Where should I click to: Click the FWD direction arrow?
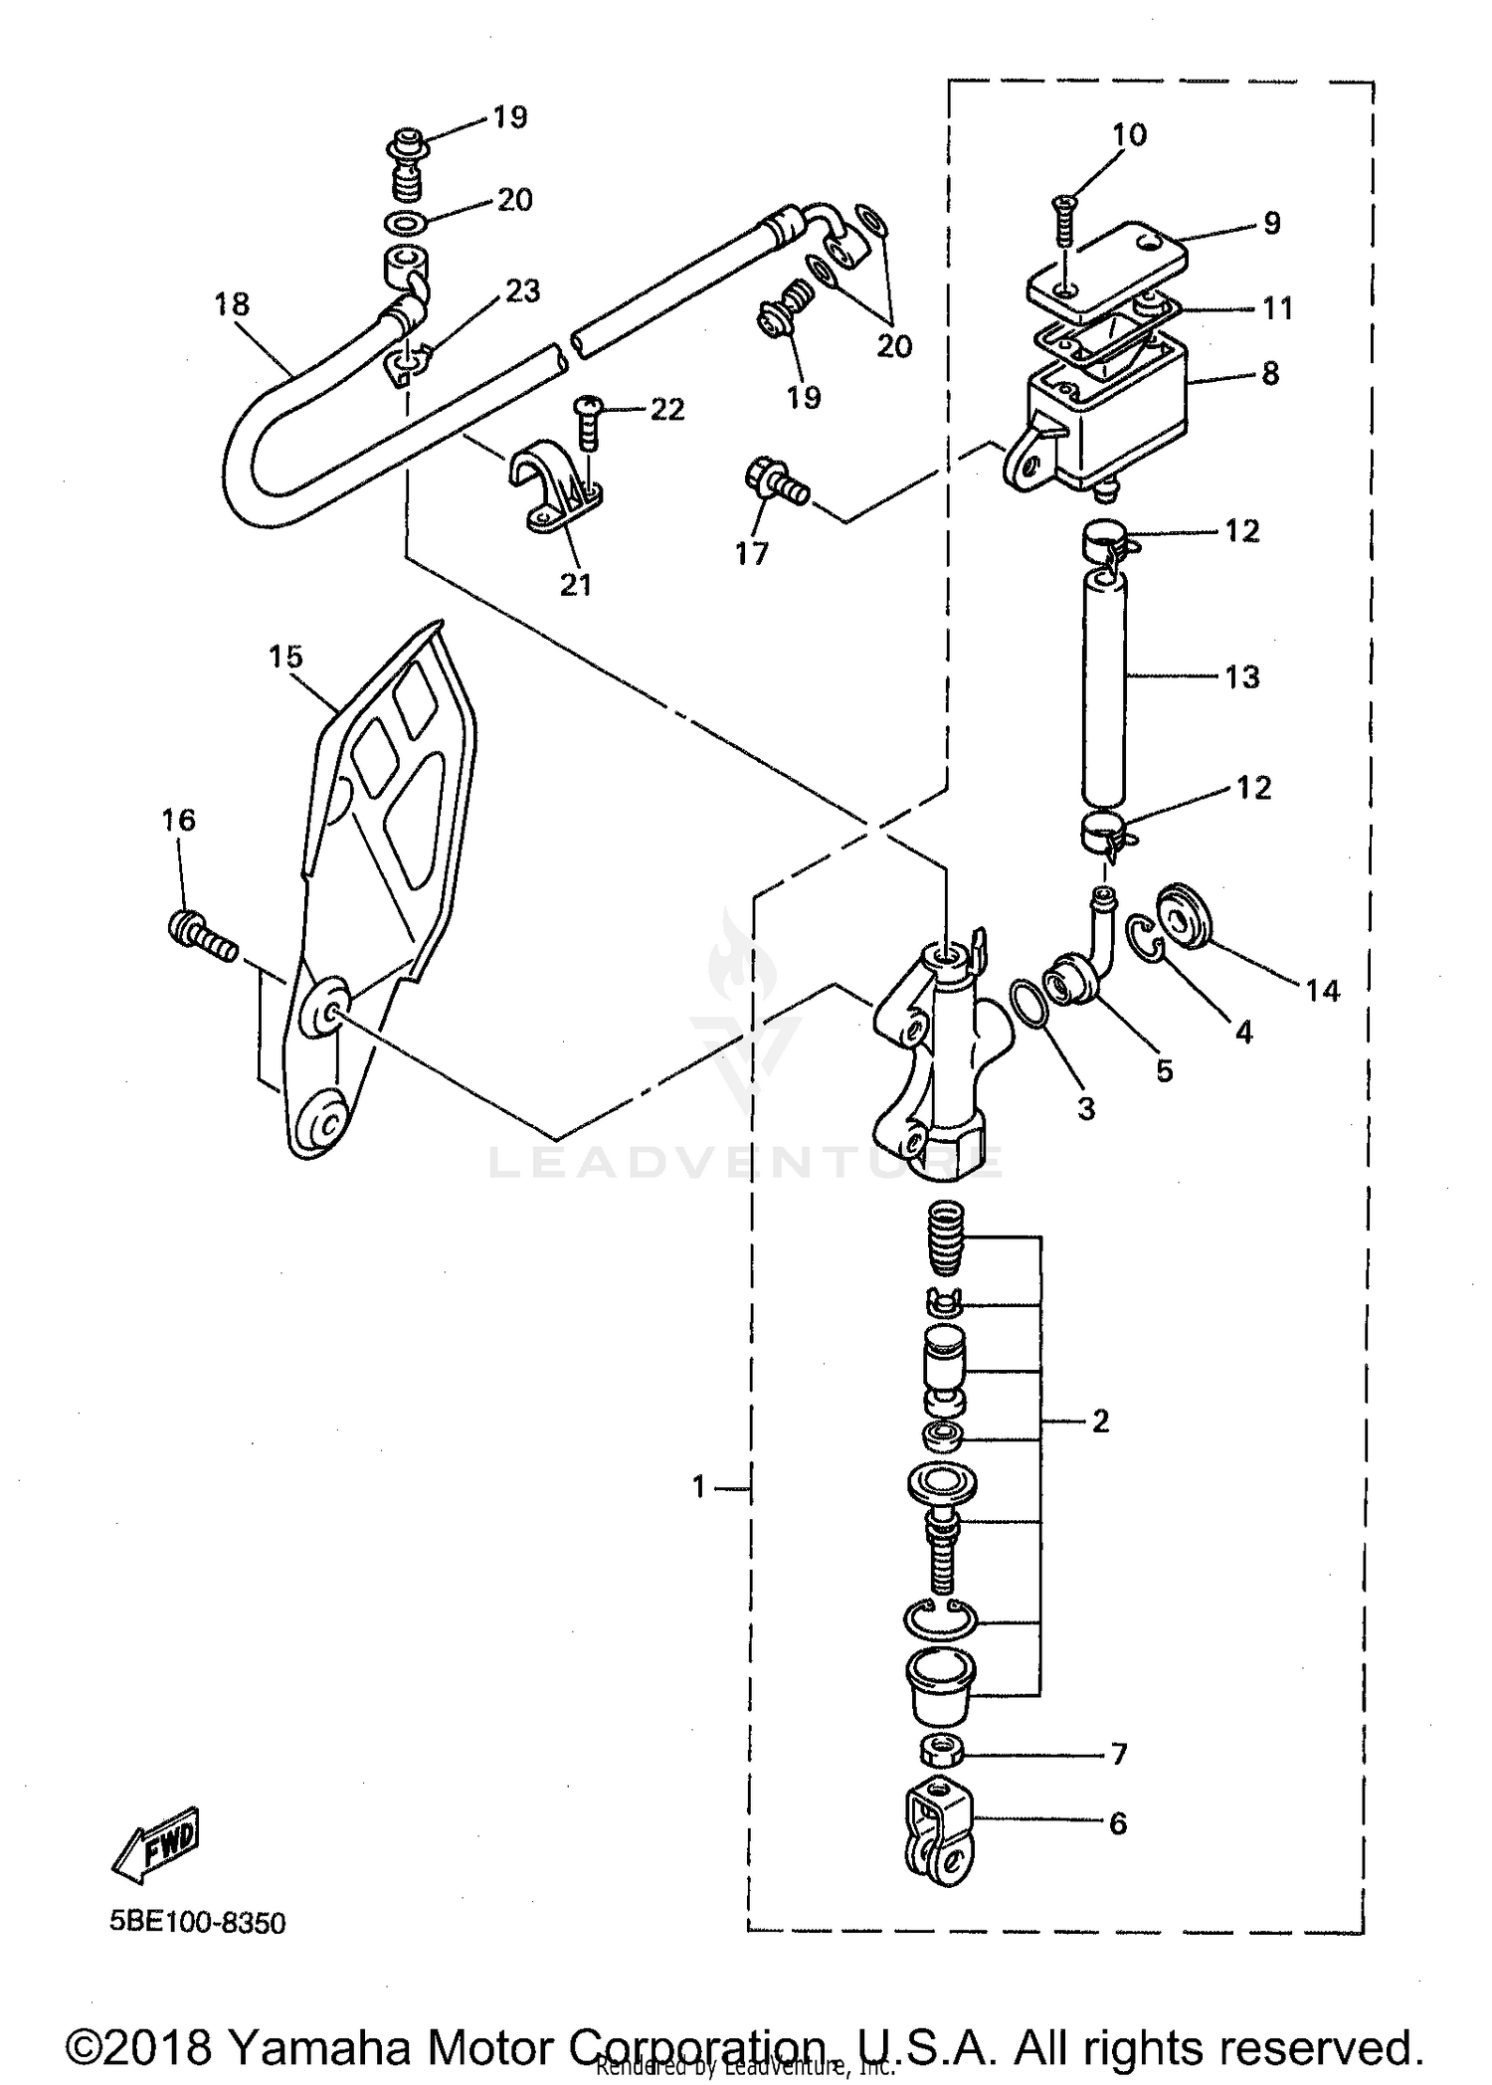(x=157, y=1846)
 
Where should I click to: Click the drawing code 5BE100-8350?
(x=198, y=1923)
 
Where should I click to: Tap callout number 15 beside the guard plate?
(x=285, y=658)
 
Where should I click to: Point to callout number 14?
(x=1323, y=991)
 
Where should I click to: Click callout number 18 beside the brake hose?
(x=232, y=304)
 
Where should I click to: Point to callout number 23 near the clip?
(x=522, y=291)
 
